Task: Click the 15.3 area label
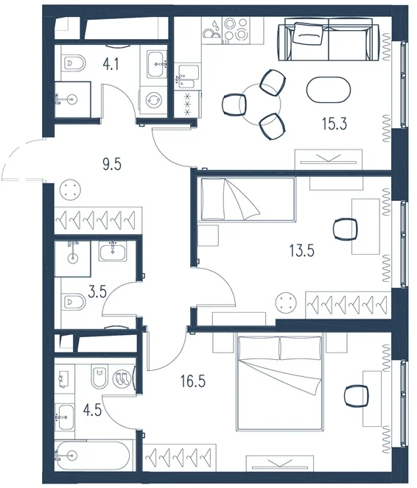[x=334, y=124]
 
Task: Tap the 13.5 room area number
[x=302, y=250]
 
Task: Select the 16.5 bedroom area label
[x=193, y=381]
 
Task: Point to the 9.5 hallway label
[x=112, y=164]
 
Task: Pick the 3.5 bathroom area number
[x=97, y=292]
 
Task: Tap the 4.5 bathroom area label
[x=93, y=410]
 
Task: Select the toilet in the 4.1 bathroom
[x=74, y=64]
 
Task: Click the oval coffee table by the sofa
[x=329, y=90]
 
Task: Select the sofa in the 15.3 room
[x=329, y=39]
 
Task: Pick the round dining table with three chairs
[x=260, y=104]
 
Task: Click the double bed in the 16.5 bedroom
[x=280, y=382]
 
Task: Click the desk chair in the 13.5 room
[x=345, y=229]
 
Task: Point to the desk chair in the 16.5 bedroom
[x=357, y=396]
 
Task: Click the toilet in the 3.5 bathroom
[x=74, y=302]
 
